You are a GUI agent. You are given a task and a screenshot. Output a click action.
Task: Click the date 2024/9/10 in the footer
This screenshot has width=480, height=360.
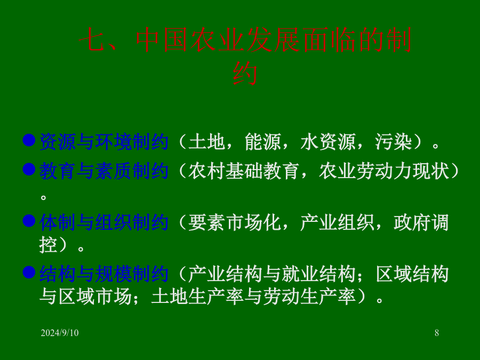[x=60, y=333]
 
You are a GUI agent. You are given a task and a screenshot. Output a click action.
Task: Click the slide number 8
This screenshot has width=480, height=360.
[x=437, y=333]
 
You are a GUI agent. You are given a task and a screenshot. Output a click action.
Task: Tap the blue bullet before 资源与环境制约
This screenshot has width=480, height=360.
[x=29, y=140]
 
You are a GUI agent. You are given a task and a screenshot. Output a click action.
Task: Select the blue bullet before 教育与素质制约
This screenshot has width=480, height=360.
[x=29, y=169]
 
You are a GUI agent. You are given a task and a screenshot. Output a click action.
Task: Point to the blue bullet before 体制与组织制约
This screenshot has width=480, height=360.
[x=29, y=221]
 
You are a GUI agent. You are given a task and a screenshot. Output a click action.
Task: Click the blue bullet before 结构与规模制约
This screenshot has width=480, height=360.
[x=29, y=272]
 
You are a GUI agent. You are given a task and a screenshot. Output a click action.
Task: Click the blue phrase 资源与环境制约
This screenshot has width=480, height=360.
[x=104, y=142]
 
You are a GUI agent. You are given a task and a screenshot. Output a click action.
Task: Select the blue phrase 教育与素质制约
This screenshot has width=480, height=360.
[x=104, y=171]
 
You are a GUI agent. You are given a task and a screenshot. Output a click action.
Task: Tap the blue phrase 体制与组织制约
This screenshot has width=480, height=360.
[x=104, y=222]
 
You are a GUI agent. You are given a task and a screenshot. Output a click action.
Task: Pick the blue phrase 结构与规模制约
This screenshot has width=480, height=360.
[x=104, y=274]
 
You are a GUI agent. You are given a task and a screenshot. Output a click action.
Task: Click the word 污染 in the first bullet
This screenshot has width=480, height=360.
[x=394, y=142]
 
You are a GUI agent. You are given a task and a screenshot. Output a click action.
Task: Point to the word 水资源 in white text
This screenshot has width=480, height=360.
[x=328, y=142]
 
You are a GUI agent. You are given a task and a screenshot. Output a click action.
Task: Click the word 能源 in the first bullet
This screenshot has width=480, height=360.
[x=263, y=142]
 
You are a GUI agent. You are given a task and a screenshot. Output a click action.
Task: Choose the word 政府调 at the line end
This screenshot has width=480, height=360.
[x=421, y=222]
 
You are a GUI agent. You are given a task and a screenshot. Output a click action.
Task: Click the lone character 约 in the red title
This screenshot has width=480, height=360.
[x=245, y=74]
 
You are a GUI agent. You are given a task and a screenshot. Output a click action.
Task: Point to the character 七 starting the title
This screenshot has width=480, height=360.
[x=92, y=40]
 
